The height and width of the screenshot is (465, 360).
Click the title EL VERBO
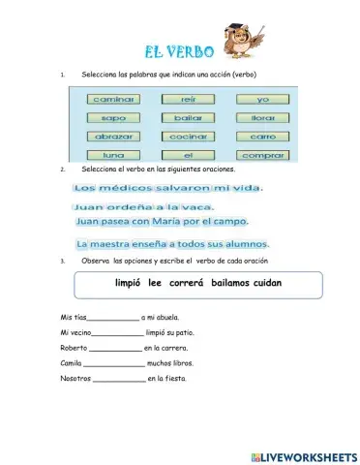coord(176,49)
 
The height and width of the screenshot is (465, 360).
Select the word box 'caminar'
coord(114,99)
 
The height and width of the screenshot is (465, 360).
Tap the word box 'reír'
coord(188,99)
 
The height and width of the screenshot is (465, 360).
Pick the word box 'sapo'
coord(114,118)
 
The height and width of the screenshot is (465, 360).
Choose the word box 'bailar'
coord(188,118)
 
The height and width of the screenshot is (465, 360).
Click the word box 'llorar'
coord(262,118)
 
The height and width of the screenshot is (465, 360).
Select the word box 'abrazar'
coord(114,137)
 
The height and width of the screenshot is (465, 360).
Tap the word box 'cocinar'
coord(188,137)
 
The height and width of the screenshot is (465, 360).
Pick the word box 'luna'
coord(114,155)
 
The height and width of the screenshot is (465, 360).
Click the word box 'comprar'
coord(262,155)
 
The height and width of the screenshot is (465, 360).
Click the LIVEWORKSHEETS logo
coord(303,455)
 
